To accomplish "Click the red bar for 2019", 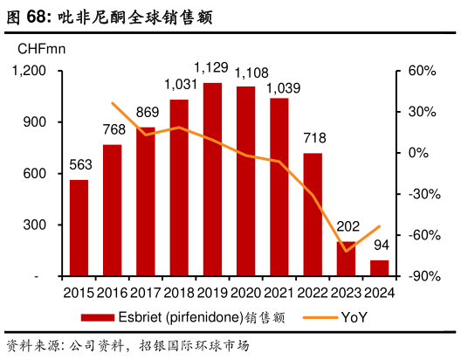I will point(212,179).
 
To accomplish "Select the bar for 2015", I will point(79,227).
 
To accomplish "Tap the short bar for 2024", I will point(380,267).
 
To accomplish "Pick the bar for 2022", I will point(313,214).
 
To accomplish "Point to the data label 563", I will point(80,165).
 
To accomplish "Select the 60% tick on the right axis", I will point(411,71).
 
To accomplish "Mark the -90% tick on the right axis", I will point(411,276).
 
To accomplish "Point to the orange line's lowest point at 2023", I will point(347,252).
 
